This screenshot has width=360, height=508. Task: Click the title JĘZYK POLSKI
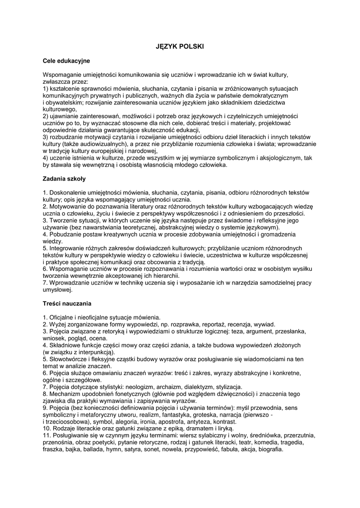point(180,46)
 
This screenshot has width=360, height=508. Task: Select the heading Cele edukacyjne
point(66,61)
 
